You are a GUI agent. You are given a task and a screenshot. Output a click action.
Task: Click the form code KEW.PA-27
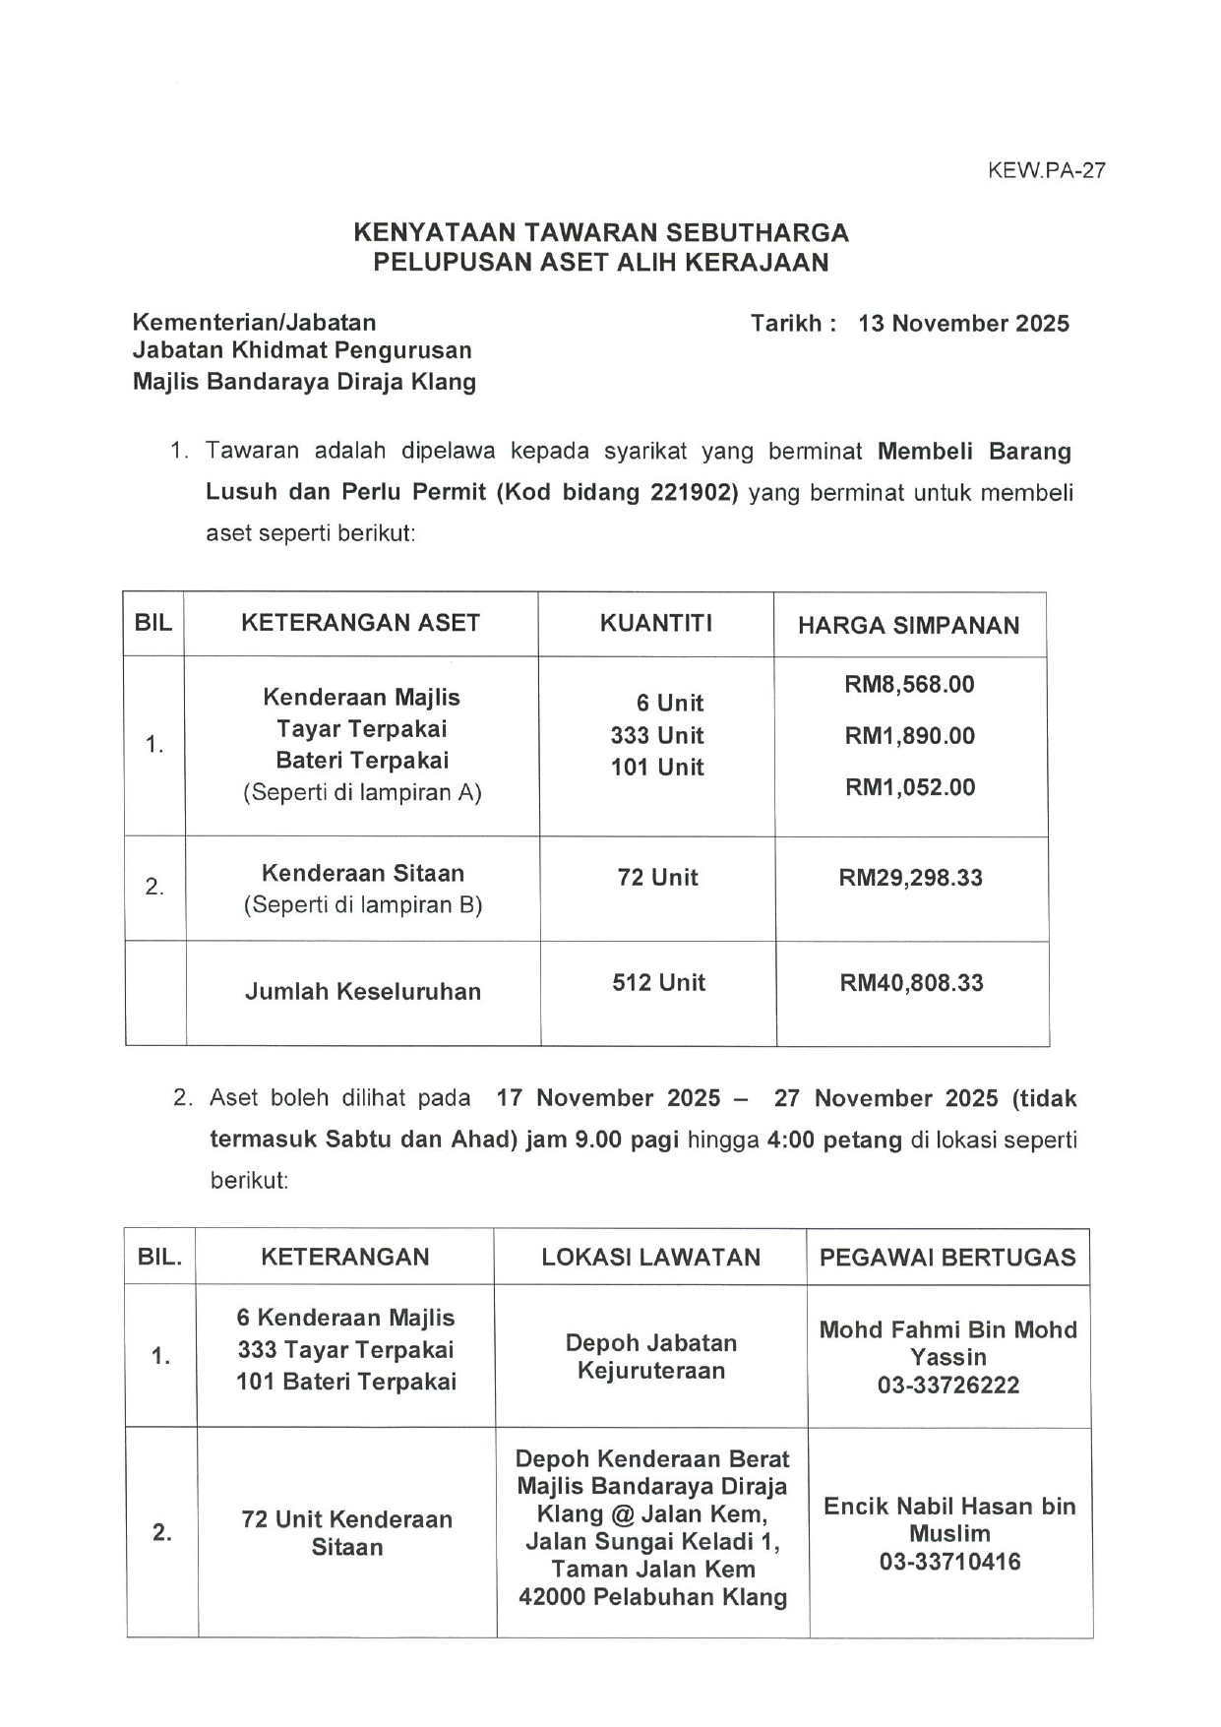[x=1047, y=170]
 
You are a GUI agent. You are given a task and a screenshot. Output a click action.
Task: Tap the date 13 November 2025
[x=963, y=324]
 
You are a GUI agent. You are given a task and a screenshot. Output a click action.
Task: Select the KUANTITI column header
[x=656, y=623]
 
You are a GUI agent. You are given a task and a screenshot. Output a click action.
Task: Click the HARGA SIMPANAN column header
[x=908, y=625]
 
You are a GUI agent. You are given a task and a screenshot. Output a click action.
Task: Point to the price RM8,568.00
[x=909, y=685]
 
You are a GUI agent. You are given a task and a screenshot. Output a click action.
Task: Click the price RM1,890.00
[x=909, y=736]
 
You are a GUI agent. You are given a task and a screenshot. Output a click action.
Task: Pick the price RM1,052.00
[x=910, y=787]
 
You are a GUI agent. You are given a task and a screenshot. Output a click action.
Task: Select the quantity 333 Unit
[x=657, y=736]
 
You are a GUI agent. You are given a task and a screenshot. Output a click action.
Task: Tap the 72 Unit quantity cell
[x=657, y=878]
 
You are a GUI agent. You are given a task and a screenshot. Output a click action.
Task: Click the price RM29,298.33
[x=910, y=878]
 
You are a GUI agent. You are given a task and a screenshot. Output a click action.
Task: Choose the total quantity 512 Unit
[x=658, y=983]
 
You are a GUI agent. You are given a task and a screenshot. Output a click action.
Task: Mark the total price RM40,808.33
[x=911, y=983]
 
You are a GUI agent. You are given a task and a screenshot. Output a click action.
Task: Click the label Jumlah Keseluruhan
[x=363, y=992]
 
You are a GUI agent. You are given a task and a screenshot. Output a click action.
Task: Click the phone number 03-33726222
[x=948, y=1386]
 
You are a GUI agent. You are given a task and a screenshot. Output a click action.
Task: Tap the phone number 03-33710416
[x=949, y=1562]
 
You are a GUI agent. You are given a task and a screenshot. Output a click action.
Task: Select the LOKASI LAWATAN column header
[x=650, y=1258]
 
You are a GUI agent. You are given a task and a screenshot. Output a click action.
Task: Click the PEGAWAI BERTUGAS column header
[x=947, y=1258]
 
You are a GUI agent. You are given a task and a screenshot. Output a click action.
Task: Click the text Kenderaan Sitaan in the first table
[x=363, y=874]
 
